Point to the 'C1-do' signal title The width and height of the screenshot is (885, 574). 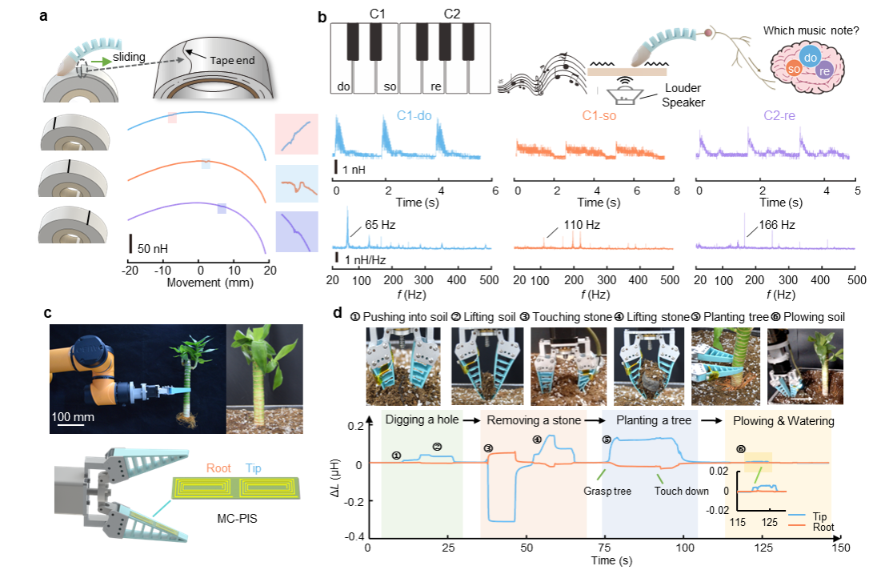(414, 116)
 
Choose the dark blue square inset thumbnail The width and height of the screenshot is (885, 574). (296, 231)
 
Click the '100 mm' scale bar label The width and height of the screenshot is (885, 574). (73, 417)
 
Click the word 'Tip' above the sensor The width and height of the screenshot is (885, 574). (253, 468)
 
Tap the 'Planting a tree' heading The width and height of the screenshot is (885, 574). (653, 421)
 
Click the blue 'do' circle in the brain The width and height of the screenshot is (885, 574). (810, 58)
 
